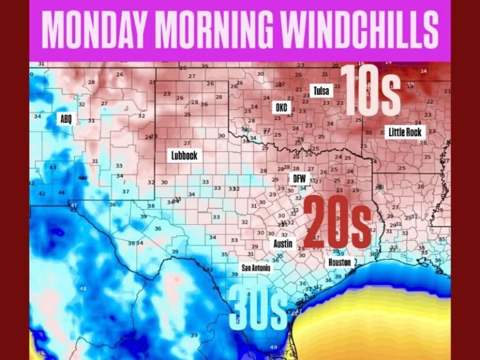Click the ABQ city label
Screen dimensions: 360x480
point(66,119)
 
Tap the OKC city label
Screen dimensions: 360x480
point(281,107)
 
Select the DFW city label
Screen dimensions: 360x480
point(299,179)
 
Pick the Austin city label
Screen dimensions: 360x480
point(283,244)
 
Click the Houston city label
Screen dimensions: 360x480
point(339,262)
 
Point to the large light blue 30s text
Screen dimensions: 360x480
point(258,308)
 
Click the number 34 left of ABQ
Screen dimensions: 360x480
point(37,116)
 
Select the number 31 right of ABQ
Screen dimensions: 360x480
point(91,120)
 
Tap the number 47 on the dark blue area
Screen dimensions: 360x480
point(73,205)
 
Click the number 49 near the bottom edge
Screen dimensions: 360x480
point(273,347)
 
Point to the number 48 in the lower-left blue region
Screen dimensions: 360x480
point(83,288)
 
